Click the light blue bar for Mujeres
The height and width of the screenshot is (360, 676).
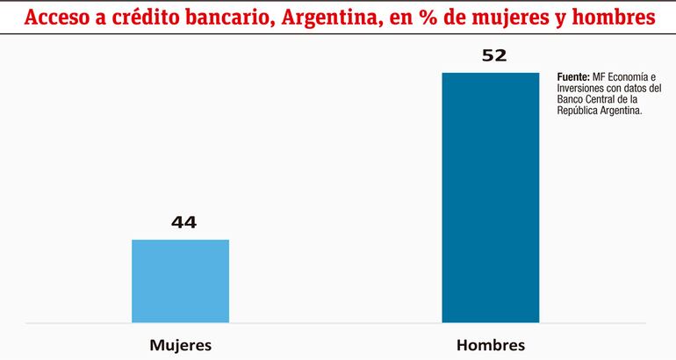[180, 281]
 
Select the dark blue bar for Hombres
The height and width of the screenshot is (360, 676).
[490, 198]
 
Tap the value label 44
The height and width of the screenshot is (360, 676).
[183, 222]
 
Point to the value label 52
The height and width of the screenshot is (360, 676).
[494, 55]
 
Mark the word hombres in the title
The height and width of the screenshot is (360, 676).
[613, 17]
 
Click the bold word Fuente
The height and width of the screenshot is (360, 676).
[573, 77]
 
